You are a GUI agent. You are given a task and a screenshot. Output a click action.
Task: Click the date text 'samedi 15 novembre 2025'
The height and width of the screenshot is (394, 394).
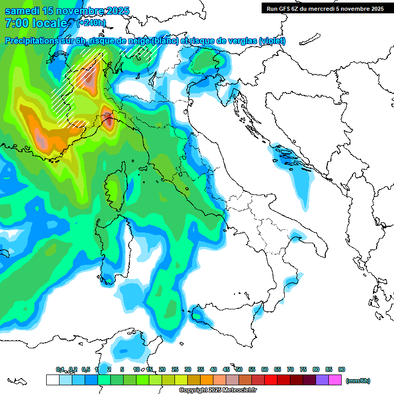67,11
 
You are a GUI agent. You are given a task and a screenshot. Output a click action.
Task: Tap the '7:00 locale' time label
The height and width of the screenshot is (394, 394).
36,23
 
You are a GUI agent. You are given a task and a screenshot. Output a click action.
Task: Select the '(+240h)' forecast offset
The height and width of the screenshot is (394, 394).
91,23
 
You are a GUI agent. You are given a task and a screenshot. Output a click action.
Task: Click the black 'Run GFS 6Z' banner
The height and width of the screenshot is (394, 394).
325,8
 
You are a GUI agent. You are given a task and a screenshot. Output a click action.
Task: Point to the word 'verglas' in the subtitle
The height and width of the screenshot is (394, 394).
241,41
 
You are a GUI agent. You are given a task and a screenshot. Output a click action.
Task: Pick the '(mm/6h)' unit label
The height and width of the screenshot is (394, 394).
358,381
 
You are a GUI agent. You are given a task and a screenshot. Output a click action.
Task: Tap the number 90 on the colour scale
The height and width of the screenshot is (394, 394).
342,369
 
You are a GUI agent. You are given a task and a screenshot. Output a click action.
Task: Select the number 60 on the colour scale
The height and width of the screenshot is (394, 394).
265,369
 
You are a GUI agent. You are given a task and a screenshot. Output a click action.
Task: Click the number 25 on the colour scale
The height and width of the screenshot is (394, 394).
175,369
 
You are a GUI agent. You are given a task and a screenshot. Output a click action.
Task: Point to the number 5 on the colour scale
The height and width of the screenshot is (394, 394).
122,369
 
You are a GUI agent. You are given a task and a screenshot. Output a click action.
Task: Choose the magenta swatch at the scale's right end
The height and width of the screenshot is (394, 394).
335,380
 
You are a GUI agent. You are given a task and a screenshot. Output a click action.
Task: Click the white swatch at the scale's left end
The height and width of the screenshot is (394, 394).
52,380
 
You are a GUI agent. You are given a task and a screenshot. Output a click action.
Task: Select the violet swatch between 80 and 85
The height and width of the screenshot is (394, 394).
322,380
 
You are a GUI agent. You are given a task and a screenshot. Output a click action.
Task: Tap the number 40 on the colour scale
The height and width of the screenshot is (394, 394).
213,369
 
